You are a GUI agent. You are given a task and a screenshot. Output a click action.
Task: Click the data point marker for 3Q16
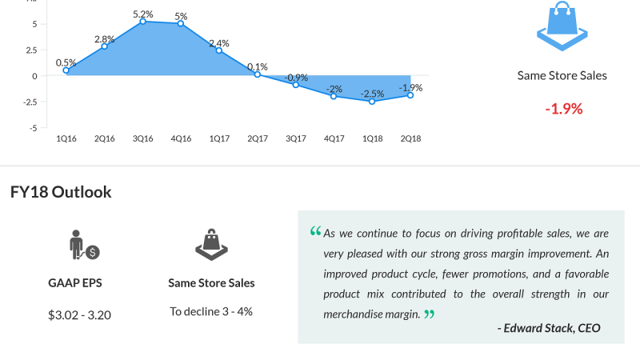point(142,22)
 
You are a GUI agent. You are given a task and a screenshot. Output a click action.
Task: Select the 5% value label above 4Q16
point(181,16)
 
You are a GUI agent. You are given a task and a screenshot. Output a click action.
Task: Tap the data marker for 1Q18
point(372,102)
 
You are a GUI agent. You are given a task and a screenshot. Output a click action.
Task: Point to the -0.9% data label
point(296,78)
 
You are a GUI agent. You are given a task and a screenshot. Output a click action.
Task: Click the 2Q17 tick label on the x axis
point(258,138)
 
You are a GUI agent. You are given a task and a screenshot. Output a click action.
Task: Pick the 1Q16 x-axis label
point(66,138)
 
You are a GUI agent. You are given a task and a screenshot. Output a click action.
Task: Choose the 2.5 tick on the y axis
point(30,50)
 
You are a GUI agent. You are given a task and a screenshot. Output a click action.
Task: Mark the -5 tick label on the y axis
point(33,127)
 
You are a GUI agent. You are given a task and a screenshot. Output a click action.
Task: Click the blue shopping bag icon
point(562,25)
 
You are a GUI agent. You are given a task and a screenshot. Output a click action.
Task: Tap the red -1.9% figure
point(563,108)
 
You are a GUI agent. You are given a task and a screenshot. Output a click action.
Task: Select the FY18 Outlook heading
point(61,192)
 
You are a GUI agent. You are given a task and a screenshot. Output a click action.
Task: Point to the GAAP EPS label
point(74,283)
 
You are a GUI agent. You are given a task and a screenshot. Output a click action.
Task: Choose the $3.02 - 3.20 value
point(79,314)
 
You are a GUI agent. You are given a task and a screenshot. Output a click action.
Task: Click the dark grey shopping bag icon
point(211,244)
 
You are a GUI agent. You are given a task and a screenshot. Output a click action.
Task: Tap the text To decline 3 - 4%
point(211,311)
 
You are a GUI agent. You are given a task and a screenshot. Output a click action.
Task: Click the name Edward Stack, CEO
point(549,328)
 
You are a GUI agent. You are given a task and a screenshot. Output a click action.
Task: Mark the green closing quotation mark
point(430,314)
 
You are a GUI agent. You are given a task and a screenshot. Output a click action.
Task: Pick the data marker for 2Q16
point(104,46)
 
